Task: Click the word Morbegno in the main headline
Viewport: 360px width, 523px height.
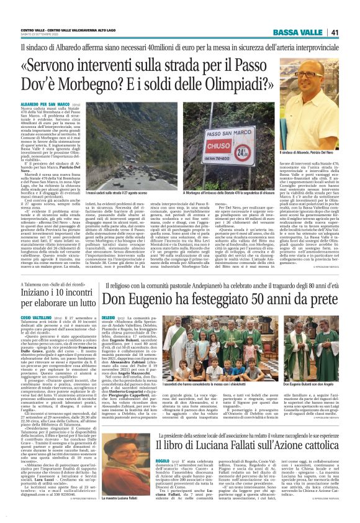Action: click(x=100, y=81)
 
